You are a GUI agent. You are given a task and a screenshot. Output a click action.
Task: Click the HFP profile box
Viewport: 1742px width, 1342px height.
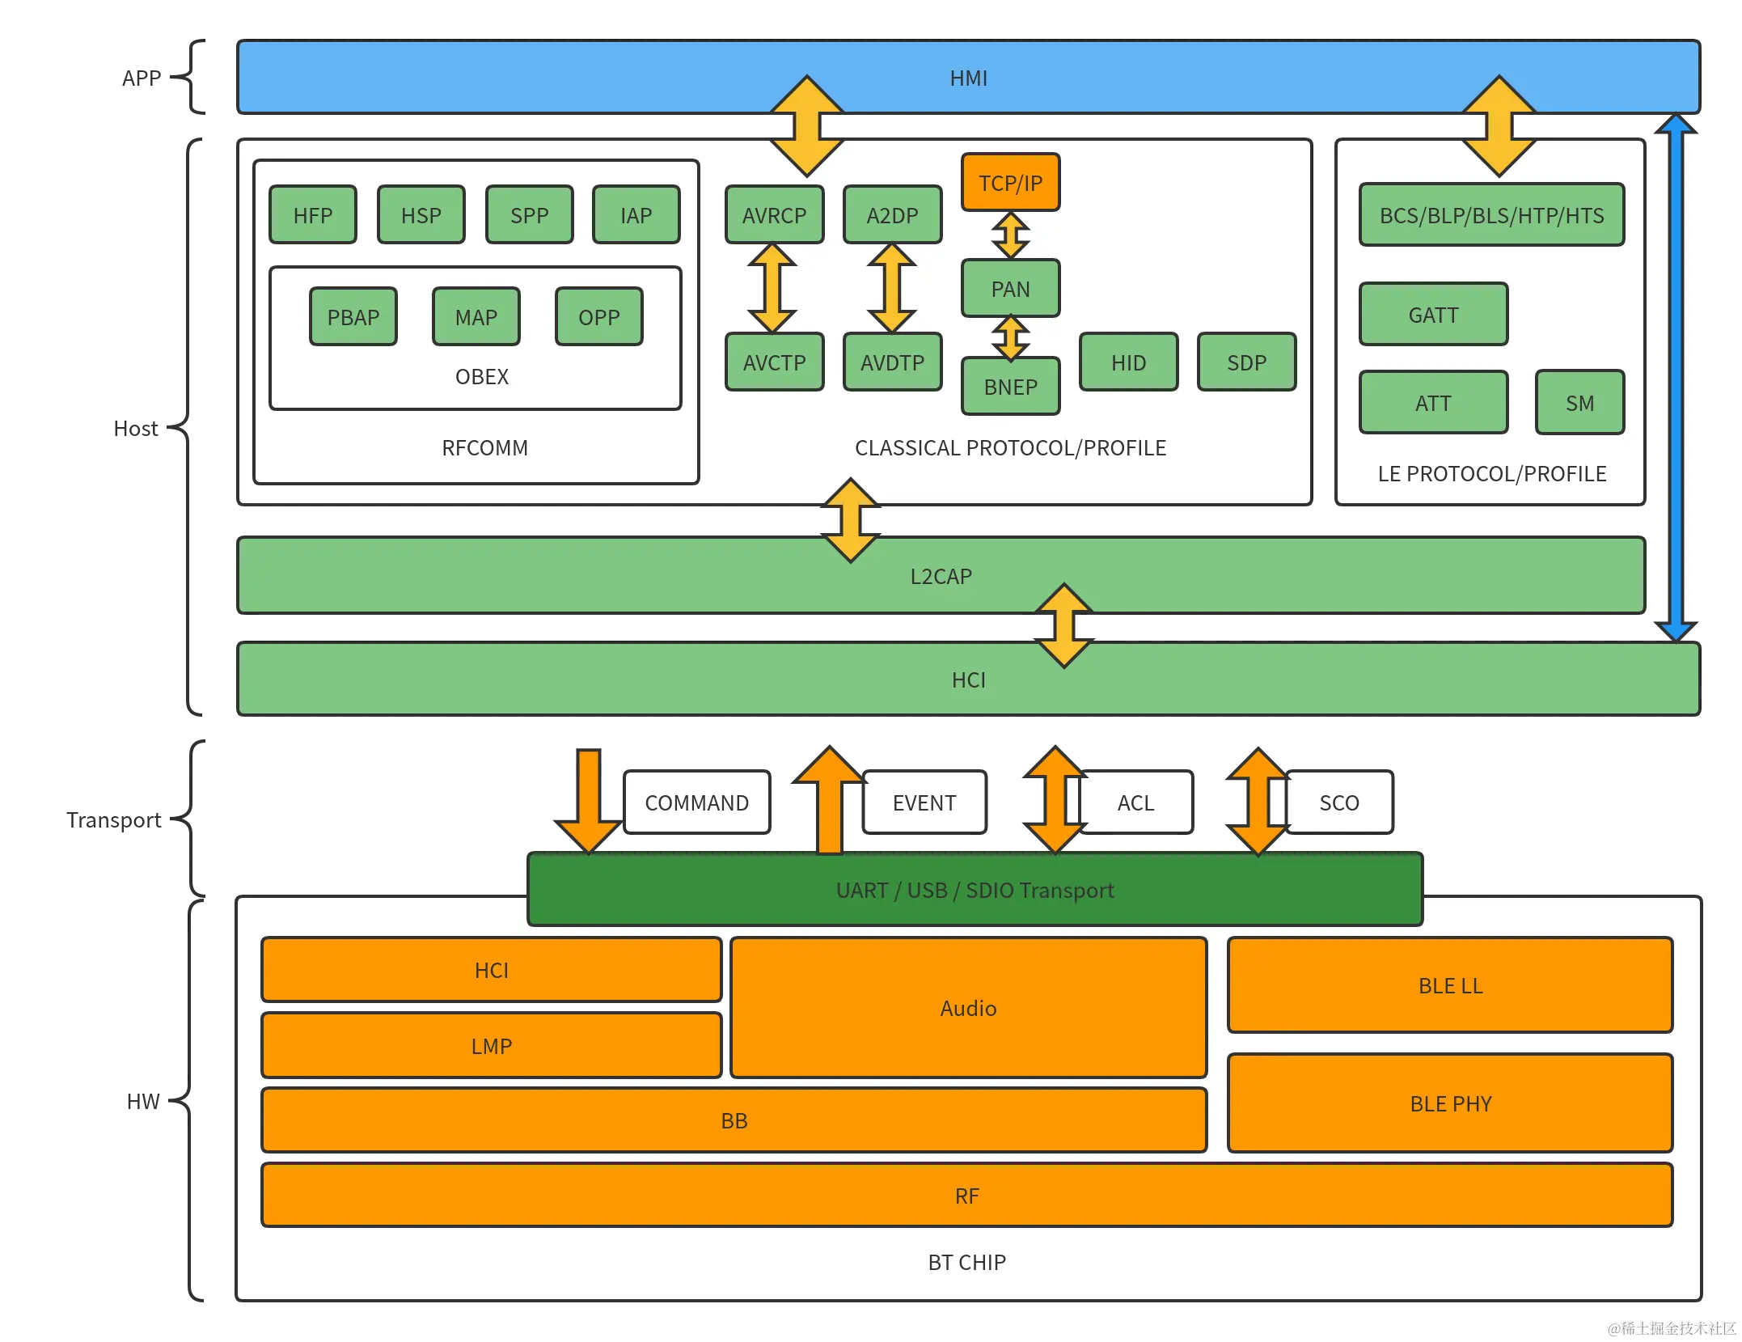[x=312, y=215]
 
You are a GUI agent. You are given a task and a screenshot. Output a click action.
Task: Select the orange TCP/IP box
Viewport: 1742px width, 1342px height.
[x=1010, y=183]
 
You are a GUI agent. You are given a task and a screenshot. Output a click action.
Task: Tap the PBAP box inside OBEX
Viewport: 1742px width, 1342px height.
[x=353, y=317]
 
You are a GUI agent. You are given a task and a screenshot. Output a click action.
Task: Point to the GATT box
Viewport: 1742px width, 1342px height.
[x=1433, y=315]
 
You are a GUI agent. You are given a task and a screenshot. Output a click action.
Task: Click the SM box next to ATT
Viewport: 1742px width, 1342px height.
[x=1579, y=403]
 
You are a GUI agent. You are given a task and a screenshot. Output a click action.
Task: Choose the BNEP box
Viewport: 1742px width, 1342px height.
[x=1010, y=387]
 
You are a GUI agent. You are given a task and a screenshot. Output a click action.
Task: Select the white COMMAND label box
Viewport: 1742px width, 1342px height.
[x=696, y=802]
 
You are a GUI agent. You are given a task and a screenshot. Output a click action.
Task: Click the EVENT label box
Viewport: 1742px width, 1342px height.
[x=924, y=802]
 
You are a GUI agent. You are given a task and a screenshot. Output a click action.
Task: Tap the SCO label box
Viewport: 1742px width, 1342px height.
[x=1339, y=802]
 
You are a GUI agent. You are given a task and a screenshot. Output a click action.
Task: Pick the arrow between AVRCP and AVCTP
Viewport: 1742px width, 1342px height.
[x=772, y=289]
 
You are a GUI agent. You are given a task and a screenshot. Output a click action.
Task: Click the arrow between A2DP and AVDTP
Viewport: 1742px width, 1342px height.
[x=891, y=289]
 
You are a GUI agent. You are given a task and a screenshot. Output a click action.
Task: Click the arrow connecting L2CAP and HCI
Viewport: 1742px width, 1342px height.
[x=1063, y=626]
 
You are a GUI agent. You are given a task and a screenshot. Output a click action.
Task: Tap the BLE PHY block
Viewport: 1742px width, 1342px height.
[x=1450, y=1103]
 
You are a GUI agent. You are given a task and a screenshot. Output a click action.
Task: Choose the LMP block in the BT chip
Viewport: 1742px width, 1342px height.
[x=491, y=1046]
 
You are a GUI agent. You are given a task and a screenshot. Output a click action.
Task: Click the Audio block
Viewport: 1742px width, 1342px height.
[x=968, y=1008]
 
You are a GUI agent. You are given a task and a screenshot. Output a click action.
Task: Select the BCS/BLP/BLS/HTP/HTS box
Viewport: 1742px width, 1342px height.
[x=1491, y=215]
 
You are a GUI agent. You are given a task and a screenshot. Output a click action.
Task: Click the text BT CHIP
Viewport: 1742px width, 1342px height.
[x=966, y=1262]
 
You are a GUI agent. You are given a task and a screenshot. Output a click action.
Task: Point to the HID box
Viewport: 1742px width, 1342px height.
[x=1128, y=362]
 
